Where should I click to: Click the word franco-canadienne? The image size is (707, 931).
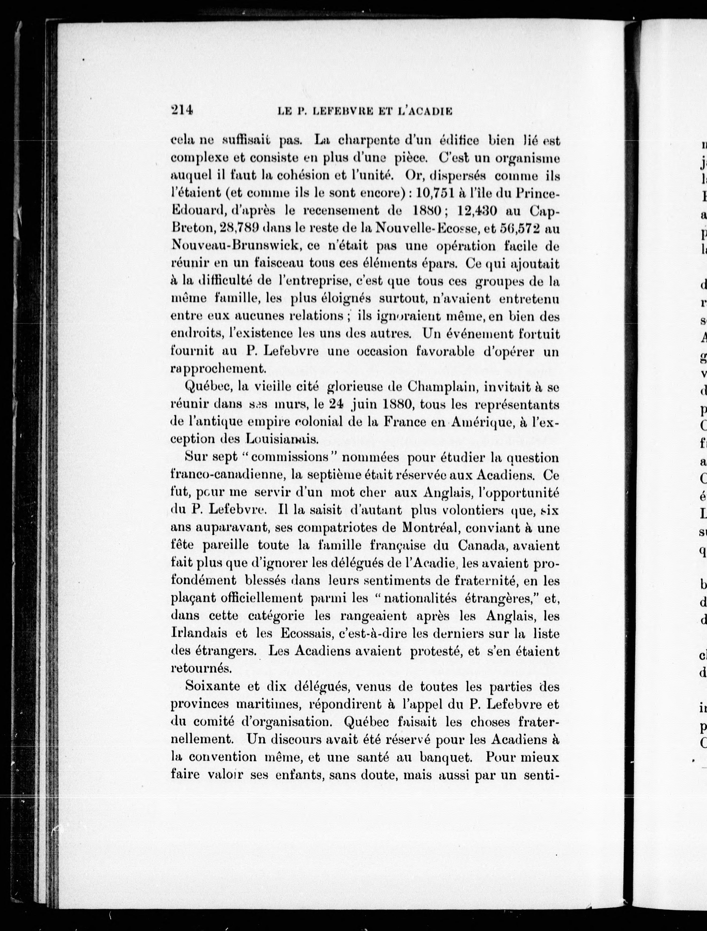tap(223, 475)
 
